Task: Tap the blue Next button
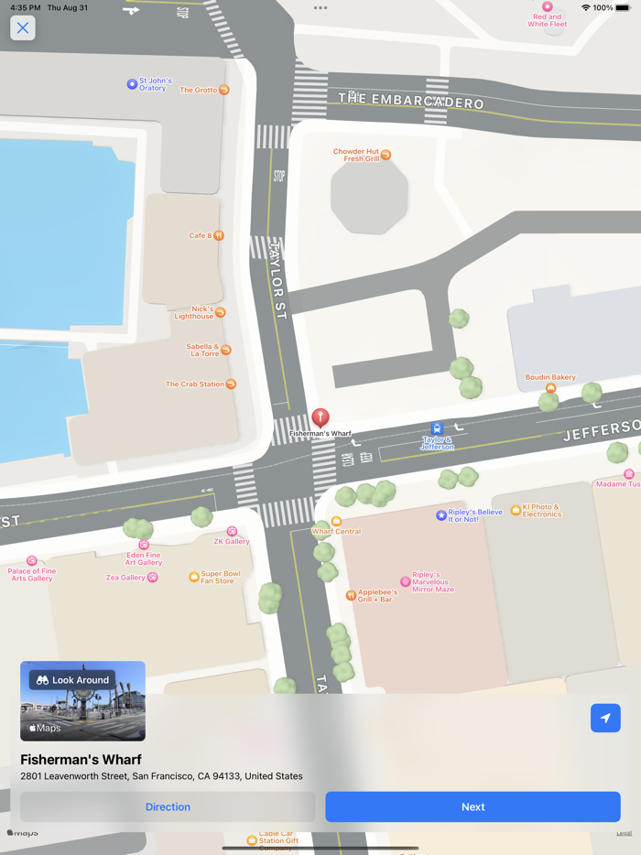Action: click(473, 806)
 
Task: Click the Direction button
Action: click(168, 806)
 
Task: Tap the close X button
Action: click(23, 28)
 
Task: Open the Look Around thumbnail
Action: click(82, 701)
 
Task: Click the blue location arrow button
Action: click(605, 719)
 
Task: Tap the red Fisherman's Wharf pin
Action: click(320, 417)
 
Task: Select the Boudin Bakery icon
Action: click(550, 388)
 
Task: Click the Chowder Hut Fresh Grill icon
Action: click(386, 155)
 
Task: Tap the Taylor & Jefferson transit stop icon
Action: click(437, 428)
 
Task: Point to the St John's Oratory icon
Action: click(132, 84)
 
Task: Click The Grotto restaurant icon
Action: click(224, 90)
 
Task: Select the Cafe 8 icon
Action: click(219, 235)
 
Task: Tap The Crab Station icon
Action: click(231, 384)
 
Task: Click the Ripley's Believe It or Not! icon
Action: click(441, 515)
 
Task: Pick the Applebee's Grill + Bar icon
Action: click(351, 595)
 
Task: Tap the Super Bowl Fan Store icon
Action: click(194, 577)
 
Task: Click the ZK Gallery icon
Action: click(232, 531)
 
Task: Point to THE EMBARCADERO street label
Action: click(410, 100)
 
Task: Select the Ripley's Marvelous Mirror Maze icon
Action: click(406, 581)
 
